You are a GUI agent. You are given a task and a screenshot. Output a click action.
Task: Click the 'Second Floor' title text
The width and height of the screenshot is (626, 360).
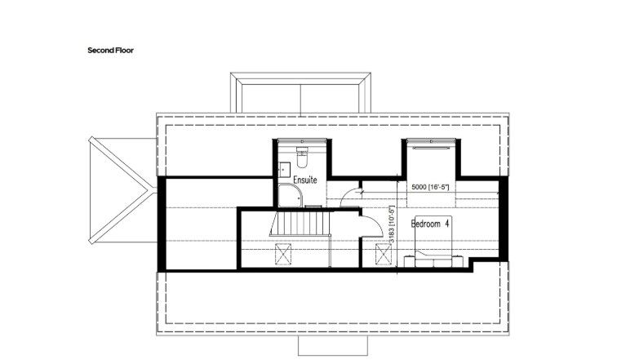tap(110, 51)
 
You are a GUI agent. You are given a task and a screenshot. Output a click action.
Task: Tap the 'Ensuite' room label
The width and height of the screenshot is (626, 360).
tap(305, 180)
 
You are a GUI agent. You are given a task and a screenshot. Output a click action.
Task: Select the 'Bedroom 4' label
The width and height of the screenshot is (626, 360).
tap(430, 224)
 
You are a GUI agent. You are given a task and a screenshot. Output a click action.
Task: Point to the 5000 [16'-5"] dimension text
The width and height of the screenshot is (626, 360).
tap(430, 187)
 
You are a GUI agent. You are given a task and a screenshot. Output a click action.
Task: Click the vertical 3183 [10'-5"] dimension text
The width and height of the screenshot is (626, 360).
tap(392, 224)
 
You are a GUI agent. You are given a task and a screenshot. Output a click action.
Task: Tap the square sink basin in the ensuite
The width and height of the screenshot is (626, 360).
tap(284, 170)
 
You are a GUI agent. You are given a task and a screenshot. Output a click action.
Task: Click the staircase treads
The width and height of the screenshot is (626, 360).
tap(300, 224)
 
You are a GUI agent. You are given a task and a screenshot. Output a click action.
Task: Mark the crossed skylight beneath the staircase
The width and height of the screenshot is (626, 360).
tap(283, 255)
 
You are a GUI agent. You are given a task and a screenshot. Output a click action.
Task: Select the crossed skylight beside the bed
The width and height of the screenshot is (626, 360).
tap(384, 255)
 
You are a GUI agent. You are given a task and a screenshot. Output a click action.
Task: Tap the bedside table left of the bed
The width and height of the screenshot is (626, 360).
tap(409, 261)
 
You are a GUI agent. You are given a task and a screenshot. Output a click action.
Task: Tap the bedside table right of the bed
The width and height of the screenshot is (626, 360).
tap(458, 261)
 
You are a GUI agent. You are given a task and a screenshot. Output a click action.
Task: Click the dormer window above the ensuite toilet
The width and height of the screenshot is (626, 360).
tap(302, 140)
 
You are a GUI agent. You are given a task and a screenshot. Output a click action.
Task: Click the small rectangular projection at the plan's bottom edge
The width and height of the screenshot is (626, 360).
tap(333, 345)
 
